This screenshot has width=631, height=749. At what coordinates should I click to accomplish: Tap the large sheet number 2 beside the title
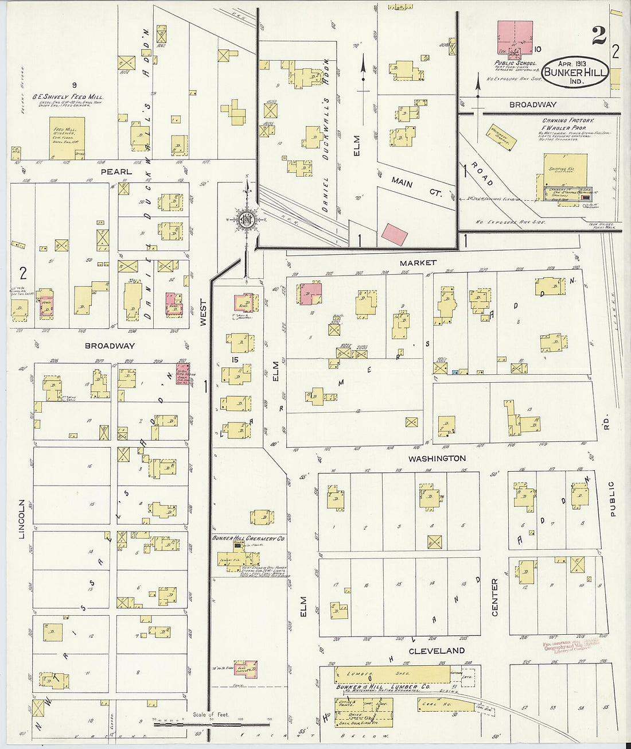click(x=599, y=36)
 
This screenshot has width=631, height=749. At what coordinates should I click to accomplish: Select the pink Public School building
click(x=514, y=38)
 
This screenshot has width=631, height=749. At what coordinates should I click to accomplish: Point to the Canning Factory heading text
click(x=568, y=121)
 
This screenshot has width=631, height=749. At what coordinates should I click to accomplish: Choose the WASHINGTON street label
click(x=437, y=459)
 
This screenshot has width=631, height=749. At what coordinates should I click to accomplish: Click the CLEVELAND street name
click(x=437, y=650)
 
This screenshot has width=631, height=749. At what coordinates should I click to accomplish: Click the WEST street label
click(x=202, y=313)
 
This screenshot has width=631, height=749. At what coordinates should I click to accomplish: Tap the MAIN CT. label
click(x=417, y=186)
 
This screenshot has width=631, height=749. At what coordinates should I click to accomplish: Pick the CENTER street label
click(x=494, y=597)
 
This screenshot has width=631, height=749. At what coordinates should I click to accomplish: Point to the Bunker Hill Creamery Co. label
click(x=248, y=539)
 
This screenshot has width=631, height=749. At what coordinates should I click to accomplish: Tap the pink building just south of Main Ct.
click(x=395, y=233)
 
